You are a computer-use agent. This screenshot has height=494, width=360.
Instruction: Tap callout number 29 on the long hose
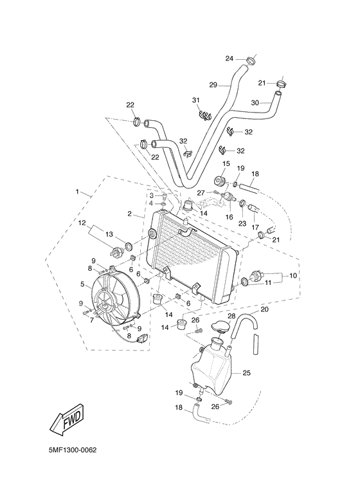point(213,84)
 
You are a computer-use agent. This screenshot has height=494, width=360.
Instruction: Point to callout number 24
point(230,59)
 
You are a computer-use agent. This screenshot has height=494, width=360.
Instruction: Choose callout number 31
point(196,100)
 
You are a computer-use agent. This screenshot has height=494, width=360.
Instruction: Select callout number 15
point(226,165)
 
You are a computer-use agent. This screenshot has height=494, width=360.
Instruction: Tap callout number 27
point(201,192)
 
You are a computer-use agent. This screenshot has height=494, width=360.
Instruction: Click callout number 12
point(82,223)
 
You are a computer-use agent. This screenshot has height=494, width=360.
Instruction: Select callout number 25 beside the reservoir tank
point(246,372)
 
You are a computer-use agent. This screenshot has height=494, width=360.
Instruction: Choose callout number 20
point(264,309)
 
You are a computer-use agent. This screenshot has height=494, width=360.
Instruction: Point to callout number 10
point(293,275)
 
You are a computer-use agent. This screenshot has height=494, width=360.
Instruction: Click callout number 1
point(78,192)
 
